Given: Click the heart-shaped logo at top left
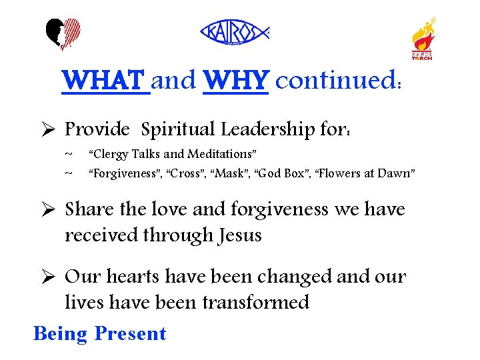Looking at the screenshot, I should pos(63,35).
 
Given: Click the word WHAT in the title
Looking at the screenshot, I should pos(105,81).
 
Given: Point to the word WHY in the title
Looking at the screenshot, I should pos(235,81).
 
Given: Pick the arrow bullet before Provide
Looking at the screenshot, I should pos(46,129).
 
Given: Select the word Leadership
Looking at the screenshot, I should pos(272,129).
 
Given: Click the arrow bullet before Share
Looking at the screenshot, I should pos(46,209).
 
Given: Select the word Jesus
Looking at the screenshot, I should pos(237,235).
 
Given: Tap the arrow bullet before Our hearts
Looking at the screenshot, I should pos(46,277).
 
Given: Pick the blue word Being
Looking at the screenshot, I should pos(60,333).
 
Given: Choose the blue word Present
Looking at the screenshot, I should pos(131,333).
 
